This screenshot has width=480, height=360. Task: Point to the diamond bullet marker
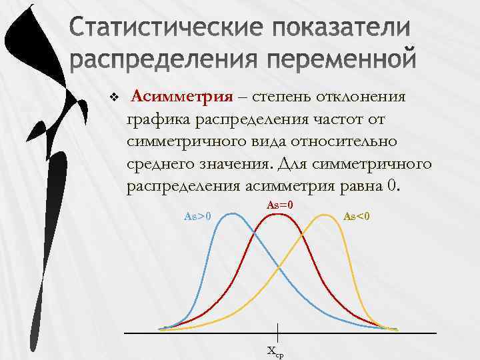113,98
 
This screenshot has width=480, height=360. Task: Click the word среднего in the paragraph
165,163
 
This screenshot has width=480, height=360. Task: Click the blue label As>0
197,215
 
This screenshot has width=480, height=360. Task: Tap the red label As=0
280,205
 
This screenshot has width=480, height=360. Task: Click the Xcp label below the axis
275,351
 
